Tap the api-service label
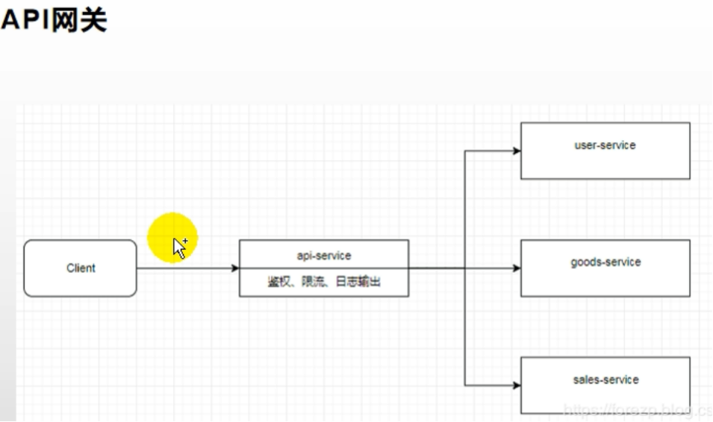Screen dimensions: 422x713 pos(324,256)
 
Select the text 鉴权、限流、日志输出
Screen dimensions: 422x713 pos(324,282)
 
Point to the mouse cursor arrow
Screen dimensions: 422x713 pos(179,247)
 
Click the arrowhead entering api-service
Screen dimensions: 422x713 pos(234,268)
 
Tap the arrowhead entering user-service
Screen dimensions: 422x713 pos(516,151)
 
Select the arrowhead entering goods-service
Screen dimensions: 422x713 pos(516,268)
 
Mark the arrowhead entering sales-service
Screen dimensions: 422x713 pos(516,385)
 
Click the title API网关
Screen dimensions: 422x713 pos(54,19)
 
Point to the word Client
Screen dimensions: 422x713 pos(81,268)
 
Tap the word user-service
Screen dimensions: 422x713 pos(605,145)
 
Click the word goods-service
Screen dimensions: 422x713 pos(605,262)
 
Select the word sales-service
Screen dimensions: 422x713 pos(605,380)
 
